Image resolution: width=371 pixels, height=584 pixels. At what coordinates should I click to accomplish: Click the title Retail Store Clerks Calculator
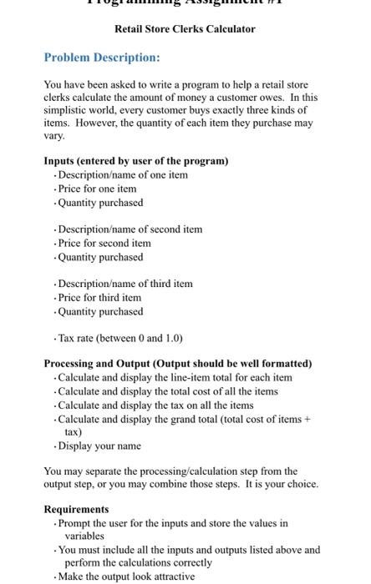185,29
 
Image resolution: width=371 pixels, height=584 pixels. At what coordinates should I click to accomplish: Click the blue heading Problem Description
101,58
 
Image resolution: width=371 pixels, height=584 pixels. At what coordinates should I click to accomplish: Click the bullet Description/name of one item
123,175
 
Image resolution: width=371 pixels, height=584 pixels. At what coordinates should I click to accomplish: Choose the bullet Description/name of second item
130,229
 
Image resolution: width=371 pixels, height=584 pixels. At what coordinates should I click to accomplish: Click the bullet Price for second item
104,244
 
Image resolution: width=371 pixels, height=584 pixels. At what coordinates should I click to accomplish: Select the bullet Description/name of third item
125,284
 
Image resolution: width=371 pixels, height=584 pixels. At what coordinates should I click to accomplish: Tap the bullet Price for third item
99,298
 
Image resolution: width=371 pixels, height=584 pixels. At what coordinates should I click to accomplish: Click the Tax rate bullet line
120,338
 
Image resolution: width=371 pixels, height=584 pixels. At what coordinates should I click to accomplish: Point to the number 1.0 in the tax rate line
170,338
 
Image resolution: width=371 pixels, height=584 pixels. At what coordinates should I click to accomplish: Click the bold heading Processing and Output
178,364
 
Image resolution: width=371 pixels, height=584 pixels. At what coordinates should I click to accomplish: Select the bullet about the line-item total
175,378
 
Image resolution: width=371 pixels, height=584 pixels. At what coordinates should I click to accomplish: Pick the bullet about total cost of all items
167,392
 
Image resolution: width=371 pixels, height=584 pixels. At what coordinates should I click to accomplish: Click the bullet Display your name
99,446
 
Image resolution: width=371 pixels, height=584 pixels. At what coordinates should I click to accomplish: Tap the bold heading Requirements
76,510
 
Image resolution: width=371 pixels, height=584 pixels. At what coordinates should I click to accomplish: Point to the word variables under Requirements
85,536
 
